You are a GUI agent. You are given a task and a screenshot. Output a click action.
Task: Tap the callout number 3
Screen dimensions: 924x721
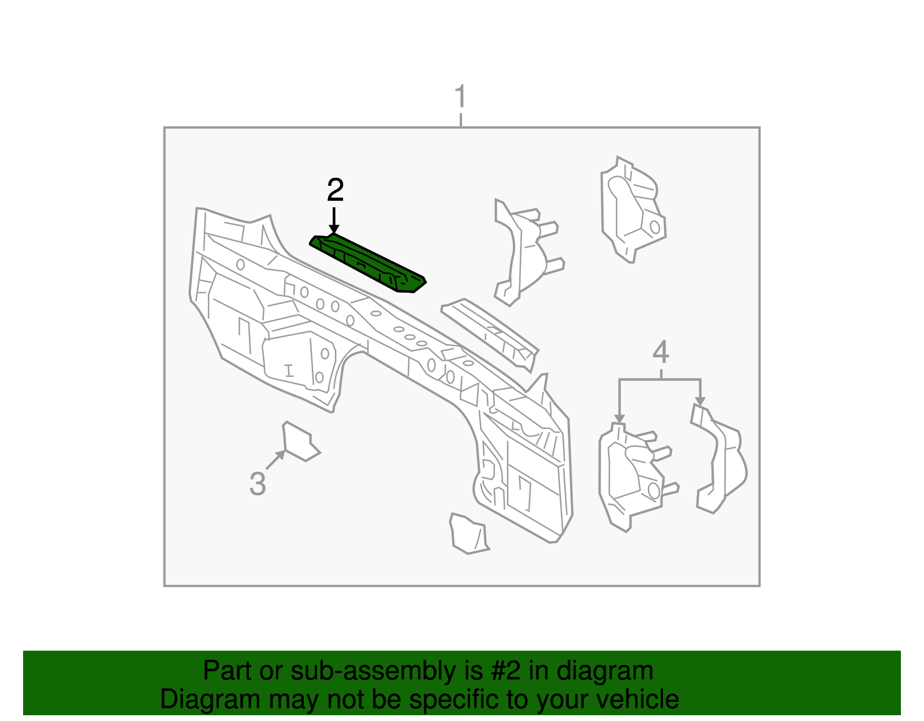pos(258,484)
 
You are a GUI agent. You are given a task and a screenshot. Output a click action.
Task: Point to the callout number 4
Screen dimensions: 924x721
pos(660,352)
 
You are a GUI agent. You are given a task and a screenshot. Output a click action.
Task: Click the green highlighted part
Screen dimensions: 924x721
pos(368,263)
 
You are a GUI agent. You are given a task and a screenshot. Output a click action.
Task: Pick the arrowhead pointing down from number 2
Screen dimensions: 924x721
pos(334,229)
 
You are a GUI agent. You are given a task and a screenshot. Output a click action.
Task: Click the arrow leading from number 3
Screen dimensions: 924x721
pos(275,460)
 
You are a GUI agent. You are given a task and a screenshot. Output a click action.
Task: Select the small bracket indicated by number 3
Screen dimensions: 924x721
pos(300,440)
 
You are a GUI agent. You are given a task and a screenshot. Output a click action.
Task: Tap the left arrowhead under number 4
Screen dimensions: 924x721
pos(620,419)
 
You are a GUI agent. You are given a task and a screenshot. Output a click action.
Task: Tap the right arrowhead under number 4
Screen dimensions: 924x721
pos(701,401)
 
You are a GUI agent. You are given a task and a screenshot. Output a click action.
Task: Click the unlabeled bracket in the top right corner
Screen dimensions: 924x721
pos(633,210)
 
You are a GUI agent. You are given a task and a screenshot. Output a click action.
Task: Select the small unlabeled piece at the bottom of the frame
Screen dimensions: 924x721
pos(469,533)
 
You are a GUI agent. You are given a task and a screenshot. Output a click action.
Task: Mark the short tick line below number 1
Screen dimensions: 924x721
pos(460,120)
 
